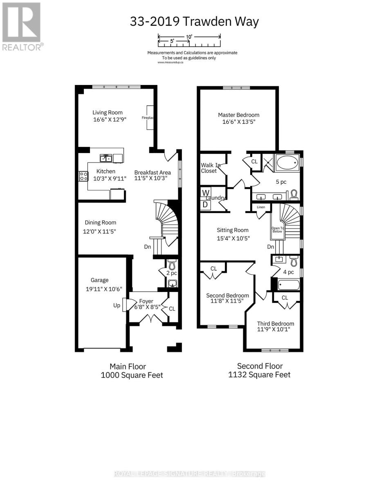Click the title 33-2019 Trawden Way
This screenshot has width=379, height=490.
tap(194, 21)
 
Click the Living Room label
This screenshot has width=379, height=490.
tap(107, 113)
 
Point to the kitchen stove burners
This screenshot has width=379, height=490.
tap(83, 176)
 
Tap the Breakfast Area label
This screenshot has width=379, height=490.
tap(152, 172)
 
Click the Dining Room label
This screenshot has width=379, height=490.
tap(100, 223)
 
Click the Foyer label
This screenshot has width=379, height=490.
tap(146, 301)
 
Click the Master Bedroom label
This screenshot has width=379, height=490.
tap(238, 115)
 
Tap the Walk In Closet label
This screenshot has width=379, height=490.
tap(209, 168)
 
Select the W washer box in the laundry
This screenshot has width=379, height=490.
tap(206, 193)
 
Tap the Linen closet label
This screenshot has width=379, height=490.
tap(261, 207)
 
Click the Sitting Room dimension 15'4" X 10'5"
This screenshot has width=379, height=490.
tap(233, 238)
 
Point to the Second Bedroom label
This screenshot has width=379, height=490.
tap(227, 296)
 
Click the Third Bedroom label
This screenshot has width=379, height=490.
tap(276, 323)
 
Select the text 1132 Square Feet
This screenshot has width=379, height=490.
tap(259, 374)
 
